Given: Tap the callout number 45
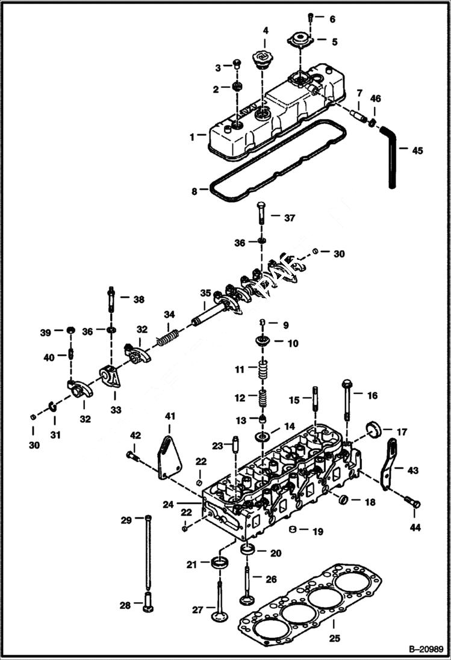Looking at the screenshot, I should point(417,150).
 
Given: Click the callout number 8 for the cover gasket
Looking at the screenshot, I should point(194,191).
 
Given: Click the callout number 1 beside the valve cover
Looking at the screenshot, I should point(192,137).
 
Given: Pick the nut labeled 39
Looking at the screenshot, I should point(70,330).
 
